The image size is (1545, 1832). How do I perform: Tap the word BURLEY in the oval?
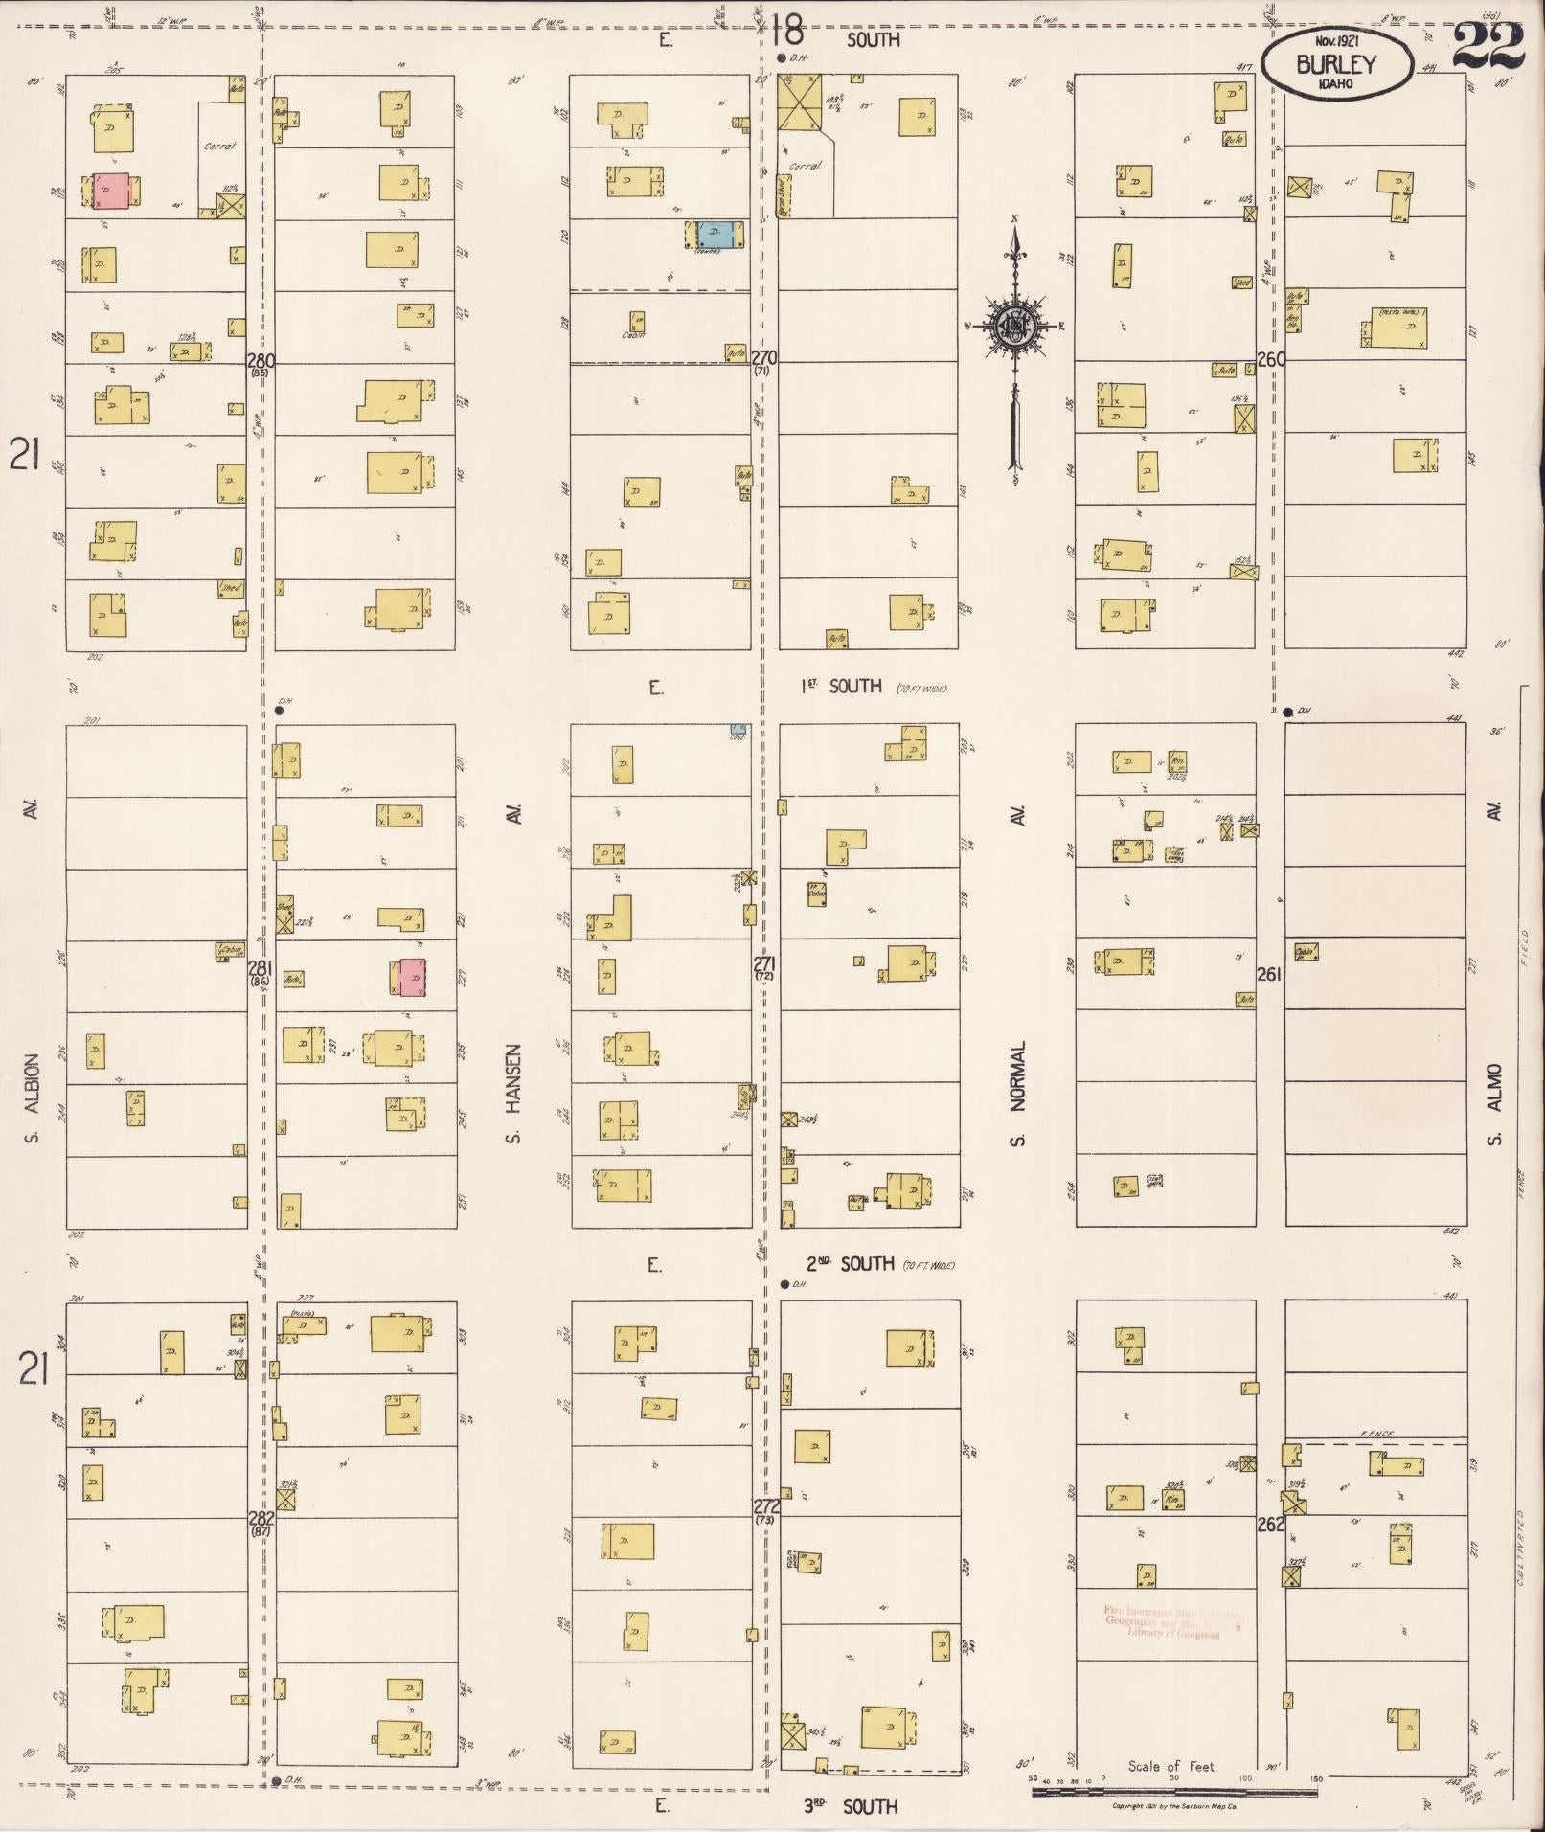click(x=1335, y=65)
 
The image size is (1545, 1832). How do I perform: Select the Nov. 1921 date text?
click(x=1337, y=42)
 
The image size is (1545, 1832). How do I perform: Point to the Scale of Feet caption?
click(x=1171, y=1766)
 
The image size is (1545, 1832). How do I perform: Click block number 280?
click(x=261, y=361)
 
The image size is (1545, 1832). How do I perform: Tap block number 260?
click(x=1271, y=360)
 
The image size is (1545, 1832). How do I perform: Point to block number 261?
click(x=1269, y=974)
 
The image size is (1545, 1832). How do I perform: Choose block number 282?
click(x=261, y=1518)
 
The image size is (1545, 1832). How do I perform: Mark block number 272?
click(x=766, y=1506)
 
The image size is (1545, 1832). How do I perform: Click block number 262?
click(x=1270, y=1524)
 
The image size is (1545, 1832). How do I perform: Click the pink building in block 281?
click(x=412, y=977)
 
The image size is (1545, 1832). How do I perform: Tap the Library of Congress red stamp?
click(x=1162, y=1621)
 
